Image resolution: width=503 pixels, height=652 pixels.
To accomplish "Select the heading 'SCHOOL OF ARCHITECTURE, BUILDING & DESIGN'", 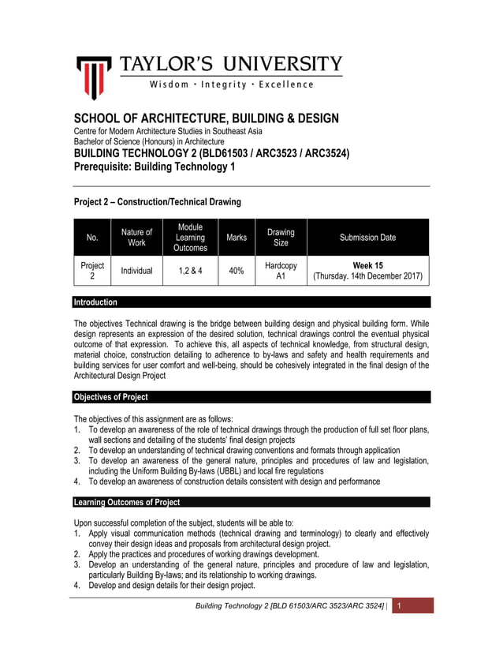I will pyautogui.click(x=206, y=118).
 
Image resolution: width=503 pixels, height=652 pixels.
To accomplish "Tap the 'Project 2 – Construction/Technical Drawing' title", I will pyautogui.click(x=157, y=202).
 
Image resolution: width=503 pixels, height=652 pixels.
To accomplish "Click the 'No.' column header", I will pyautogui.click(x=92, y=238).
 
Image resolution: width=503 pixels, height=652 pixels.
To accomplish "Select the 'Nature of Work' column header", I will pyautogui.click(x=136, y=238).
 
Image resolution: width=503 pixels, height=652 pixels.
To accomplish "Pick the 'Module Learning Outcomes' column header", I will pyautogui.click(x=190, y=238).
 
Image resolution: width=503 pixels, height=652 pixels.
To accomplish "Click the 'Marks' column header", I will pyautogui.click(x=237, y=238).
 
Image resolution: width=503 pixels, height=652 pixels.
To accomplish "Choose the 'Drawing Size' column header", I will pyautogui.click(x=281, y=238).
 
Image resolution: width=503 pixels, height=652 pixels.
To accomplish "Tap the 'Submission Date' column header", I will pyautogui.click(x=367, y=238).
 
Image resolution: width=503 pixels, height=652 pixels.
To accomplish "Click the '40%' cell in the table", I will pyautogui.click(x=236, y=272).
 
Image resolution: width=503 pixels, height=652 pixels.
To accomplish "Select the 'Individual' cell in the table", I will pyautogui.click(x=136, y=272).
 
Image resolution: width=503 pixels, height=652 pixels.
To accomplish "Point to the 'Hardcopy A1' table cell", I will pyautogui.click(x=281, y=272).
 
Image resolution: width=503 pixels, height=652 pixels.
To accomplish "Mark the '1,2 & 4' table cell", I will pyautogui.click(x=190, y=272).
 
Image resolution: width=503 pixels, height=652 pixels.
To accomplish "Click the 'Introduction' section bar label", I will pyautogui.click(x=95, y=302).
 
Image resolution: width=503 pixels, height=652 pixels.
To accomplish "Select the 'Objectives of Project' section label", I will pyautogui.click(x=110, y=397).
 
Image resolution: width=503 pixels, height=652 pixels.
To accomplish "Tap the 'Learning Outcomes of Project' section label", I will pyautogui.click(x=126, y=502).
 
